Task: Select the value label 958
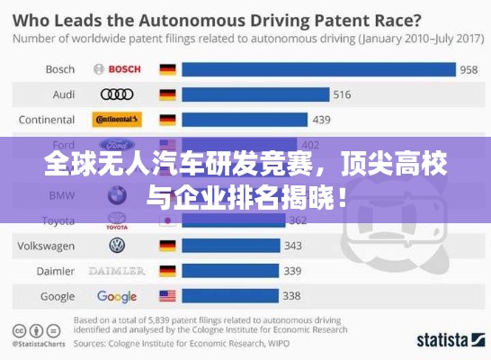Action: pyautogui.click(x=468, y=69)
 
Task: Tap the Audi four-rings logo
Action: pyautogui.click(x=117, y=94)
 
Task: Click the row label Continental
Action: pyautogui.click(x=47, y=120)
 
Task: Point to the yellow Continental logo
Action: pyautogui.click(x=117, y=120)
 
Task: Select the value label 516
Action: pyautogui.click(x=343, y=94)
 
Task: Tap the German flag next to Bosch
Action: pyautogui.click(x=167, y=69)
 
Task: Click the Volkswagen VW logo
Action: pyautogui.click(x=117, y=245)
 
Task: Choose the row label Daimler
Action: pyautogui.click(x=56, y=270)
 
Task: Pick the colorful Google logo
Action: pyautogui.click(x=117, y=296)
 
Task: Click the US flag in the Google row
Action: pyautogui.click(x=167, y=296)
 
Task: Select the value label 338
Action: pyautogui.click(x=291, y=296)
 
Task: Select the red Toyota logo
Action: pyautogui.click(x=117, y=220)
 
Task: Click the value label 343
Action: pyautogui.click(x=292, y=245)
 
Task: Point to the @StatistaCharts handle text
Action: pyautogui.click(x=40, y=343)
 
